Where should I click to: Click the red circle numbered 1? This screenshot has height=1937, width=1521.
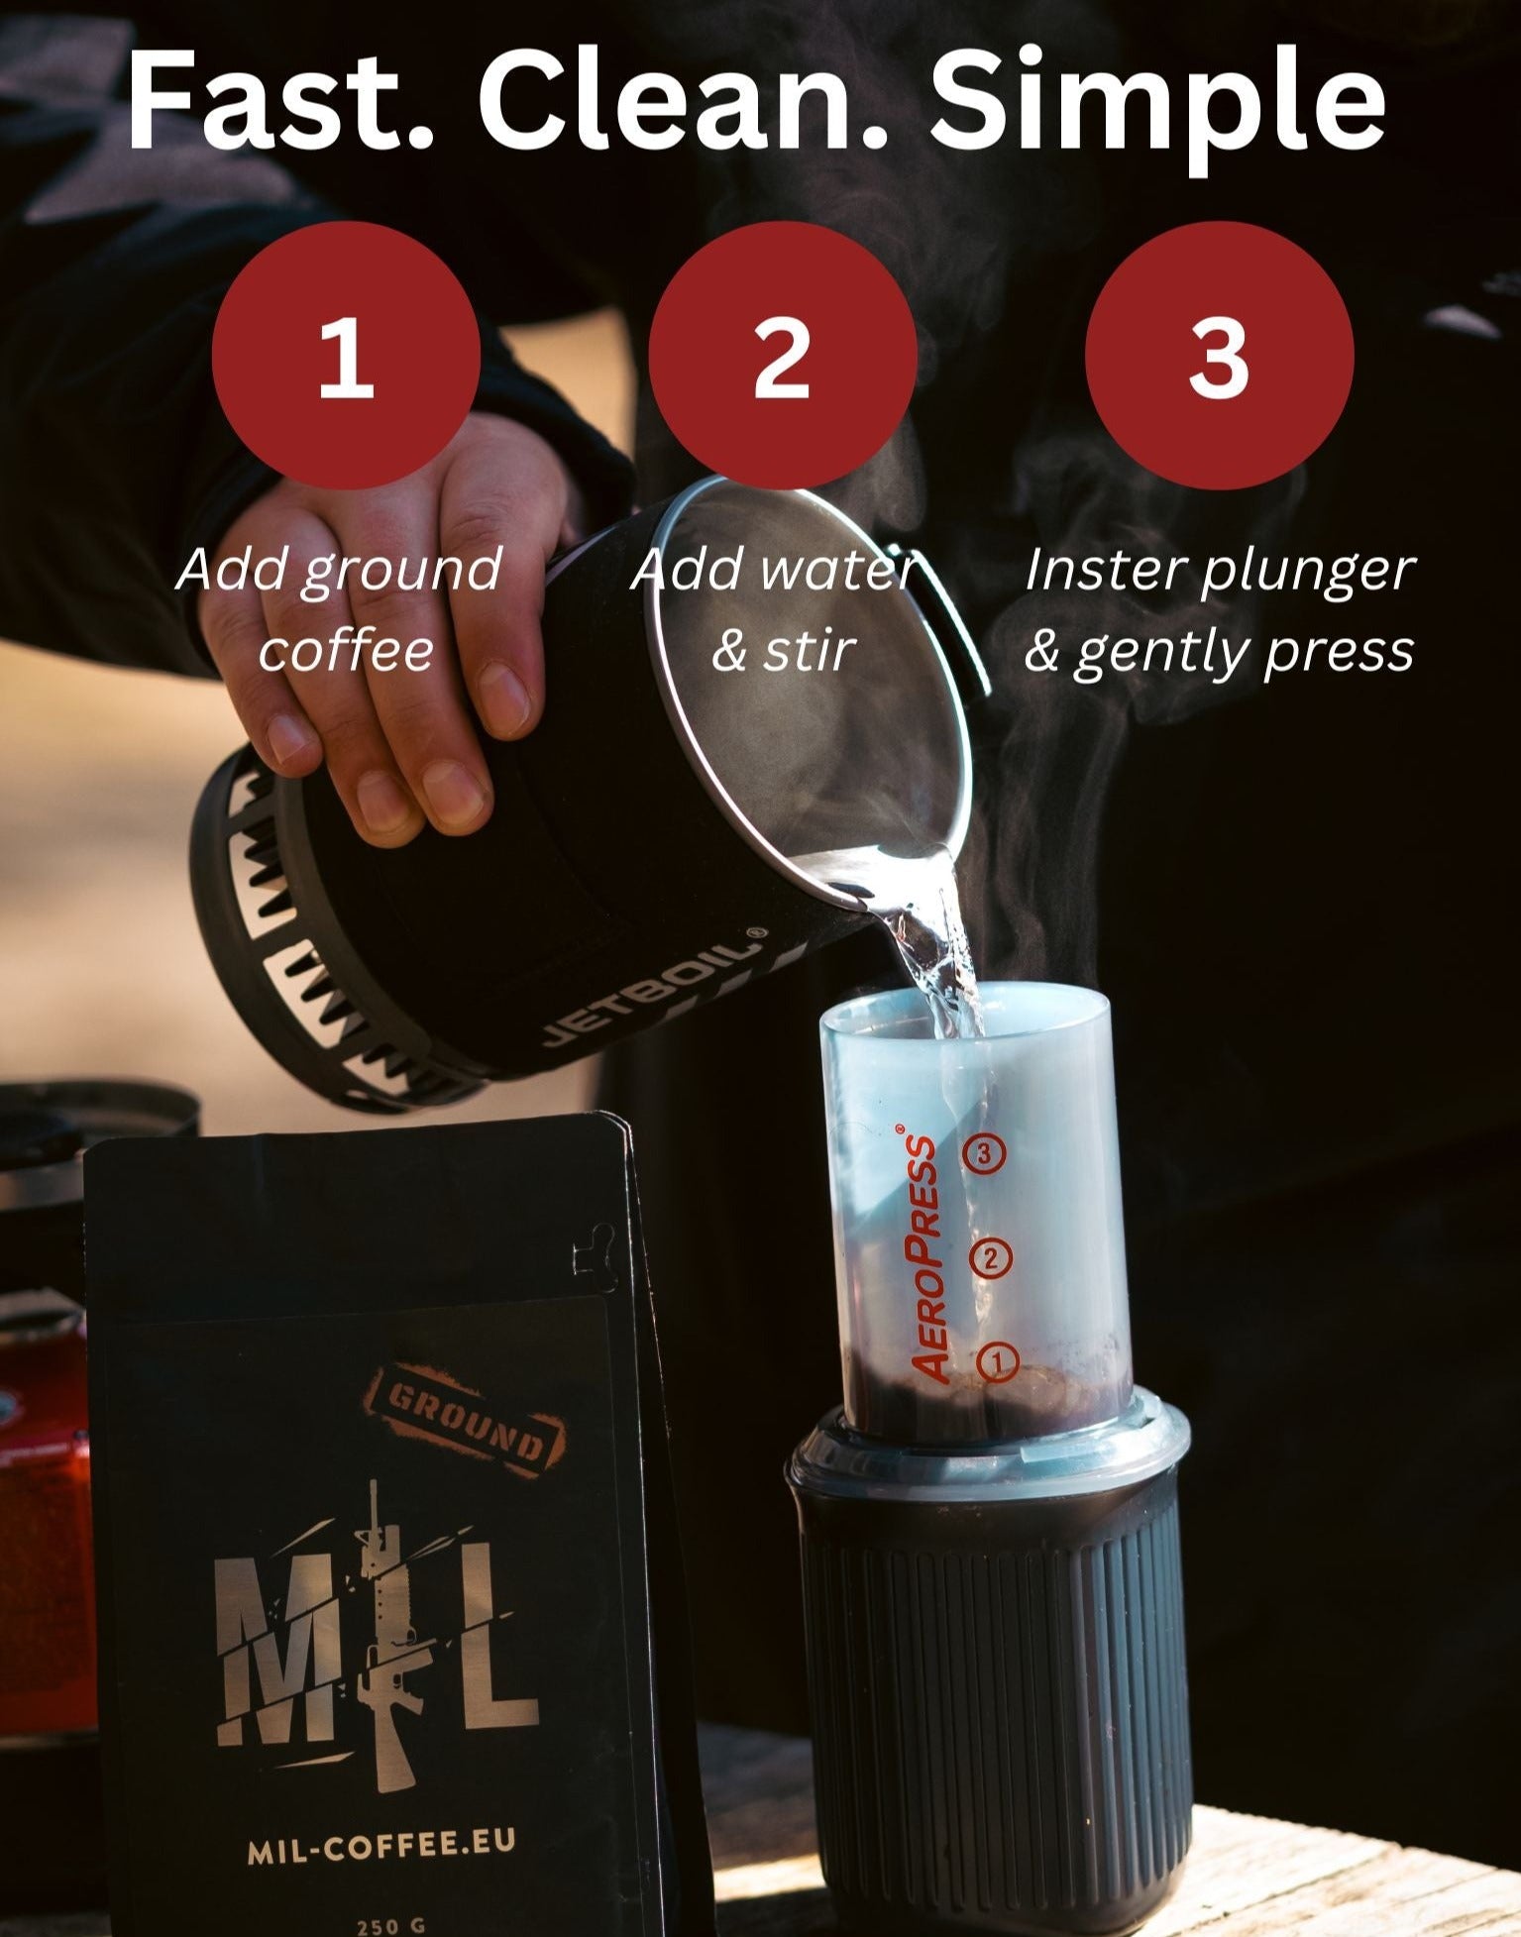[346, 355]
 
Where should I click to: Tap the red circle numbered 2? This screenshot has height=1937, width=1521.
[782, 355]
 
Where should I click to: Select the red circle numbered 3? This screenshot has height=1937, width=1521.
[1219, 355]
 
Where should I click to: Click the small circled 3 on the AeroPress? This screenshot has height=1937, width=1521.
[984, 1153]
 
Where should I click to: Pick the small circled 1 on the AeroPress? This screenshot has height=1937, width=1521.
[998, 1361]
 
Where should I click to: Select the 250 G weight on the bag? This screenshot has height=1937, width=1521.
[390, 1925]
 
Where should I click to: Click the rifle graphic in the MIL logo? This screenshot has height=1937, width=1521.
[387, 1625]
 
